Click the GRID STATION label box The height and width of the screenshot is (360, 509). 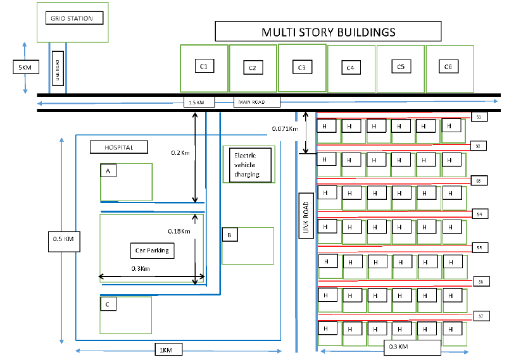point(72,18)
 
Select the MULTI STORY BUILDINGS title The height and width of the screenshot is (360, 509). point(329,32)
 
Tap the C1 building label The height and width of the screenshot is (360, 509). point(204,66)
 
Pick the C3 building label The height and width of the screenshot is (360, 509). point(301,67)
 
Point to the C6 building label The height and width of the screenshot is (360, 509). point(448,66)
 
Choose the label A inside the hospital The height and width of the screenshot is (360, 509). point(108,171)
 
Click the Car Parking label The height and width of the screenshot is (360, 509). point(152,251)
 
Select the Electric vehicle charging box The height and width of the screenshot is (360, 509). point(249,164)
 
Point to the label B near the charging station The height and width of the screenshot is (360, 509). point(229,235)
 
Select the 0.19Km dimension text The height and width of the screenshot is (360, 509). point(179,231)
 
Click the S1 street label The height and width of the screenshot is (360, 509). point(479,117)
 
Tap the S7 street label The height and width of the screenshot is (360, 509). point(481,315)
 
